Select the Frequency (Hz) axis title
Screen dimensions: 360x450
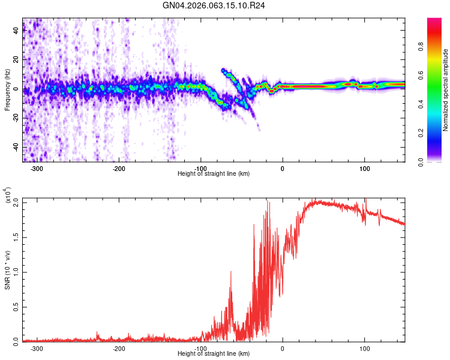[x=7, y=90]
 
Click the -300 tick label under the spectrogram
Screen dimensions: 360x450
[x=37, y=169]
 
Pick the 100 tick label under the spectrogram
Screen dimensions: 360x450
[x=364, y=169]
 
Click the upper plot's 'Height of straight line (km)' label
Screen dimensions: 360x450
[x=214, y=173]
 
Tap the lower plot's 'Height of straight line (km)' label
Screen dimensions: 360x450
[x=214, y=353]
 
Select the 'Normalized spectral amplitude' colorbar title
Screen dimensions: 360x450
[x=445, y=90]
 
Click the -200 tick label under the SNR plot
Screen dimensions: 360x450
[x=119, y=349]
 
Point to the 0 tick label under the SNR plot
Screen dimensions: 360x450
[x=283, y=349]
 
